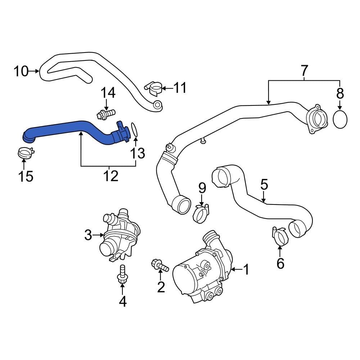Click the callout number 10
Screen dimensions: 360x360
[x=21, y=71]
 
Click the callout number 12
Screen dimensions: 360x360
[x=111, y=176]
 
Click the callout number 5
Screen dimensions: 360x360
[x=264, y=185]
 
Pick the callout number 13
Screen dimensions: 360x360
[x=138, y=153]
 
